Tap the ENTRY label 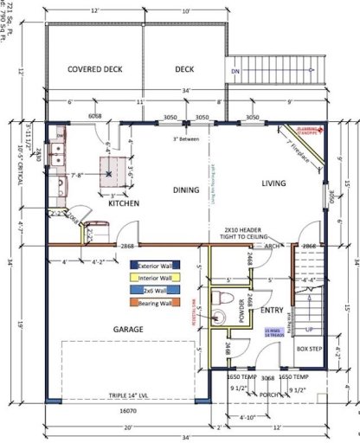[x=272, y=309]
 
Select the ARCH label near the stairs [x=273, y=246]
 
